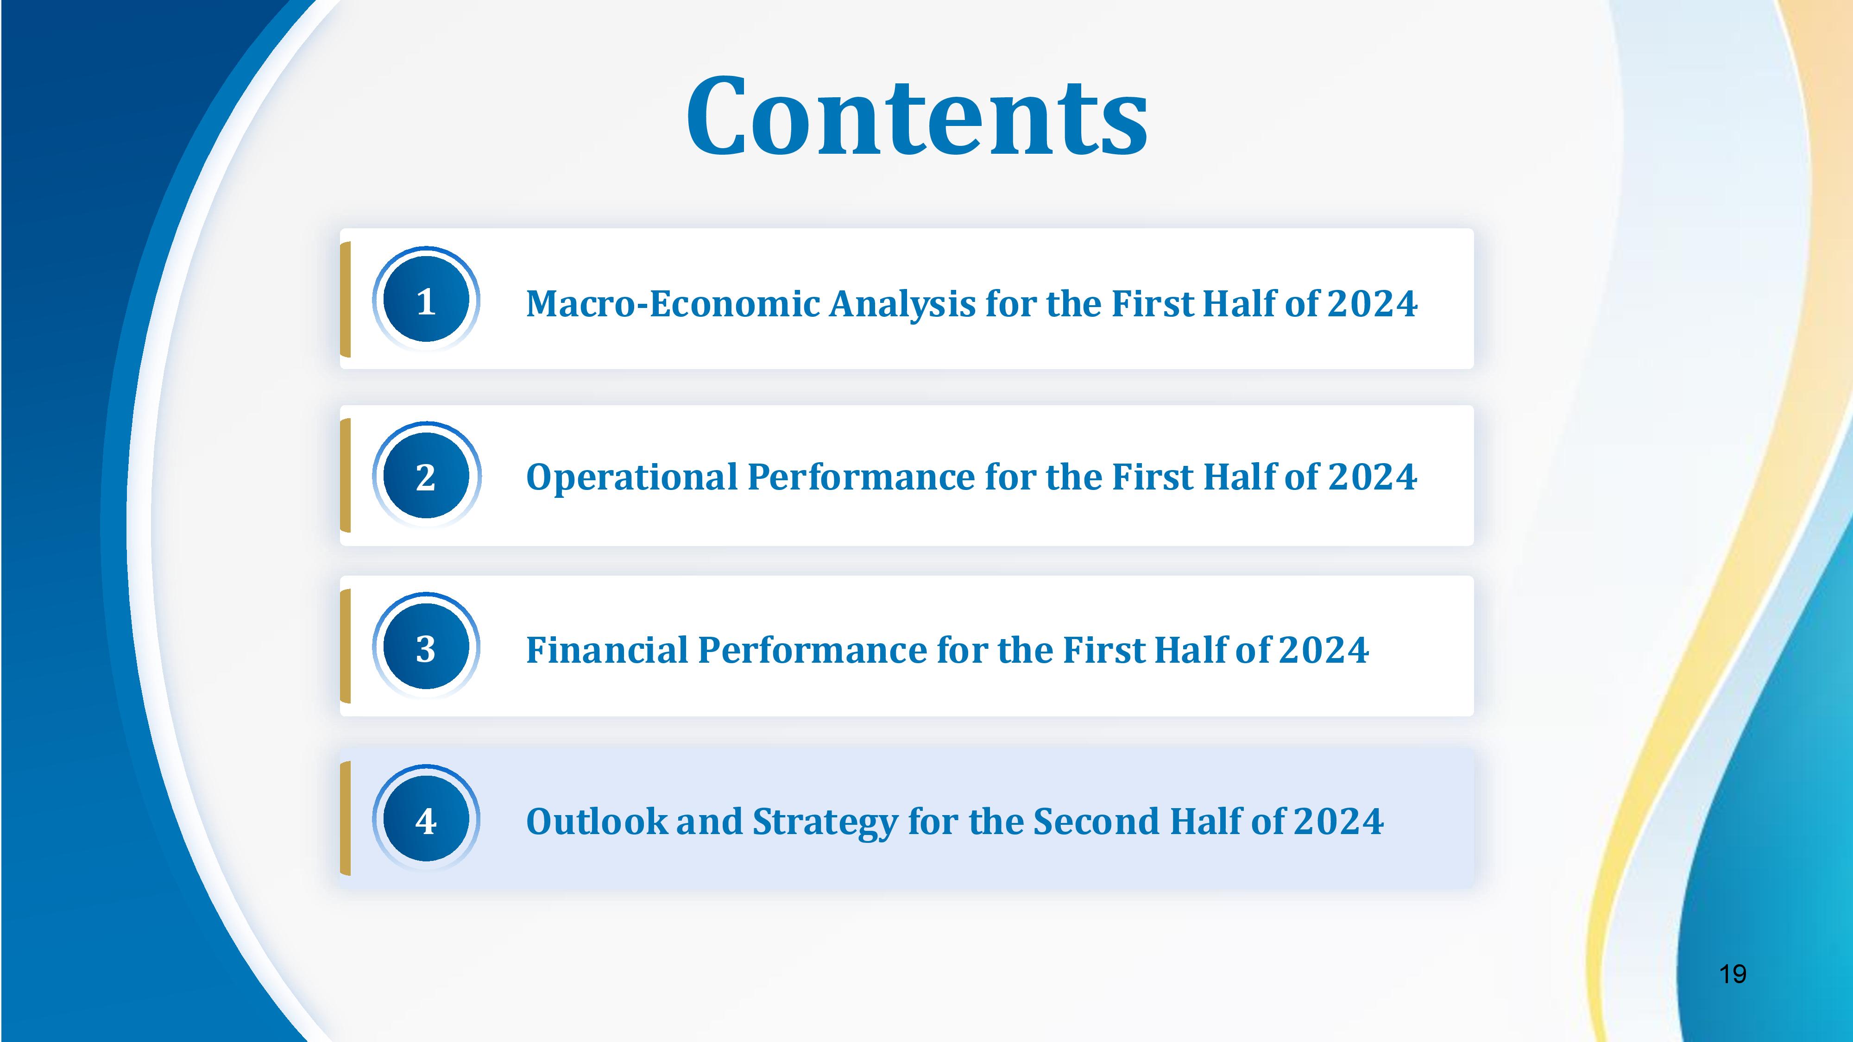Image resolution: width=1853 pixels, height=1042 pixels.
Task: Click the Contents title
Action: (917, 117)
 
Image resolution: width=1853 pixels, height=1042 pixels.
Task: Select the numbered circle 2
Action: (426, 475)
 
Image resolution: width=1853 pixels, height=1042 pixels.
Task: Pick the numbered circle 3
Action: (426, 647)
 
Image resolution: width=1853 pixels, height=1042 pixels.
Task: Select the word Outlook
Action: (597, 821)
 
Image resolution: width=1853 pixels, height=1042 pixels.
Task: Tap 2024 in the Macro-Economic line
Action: (1373, 303)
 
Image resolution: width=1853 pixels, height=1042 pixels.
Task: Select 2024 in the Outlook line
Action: (1339, 821)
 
